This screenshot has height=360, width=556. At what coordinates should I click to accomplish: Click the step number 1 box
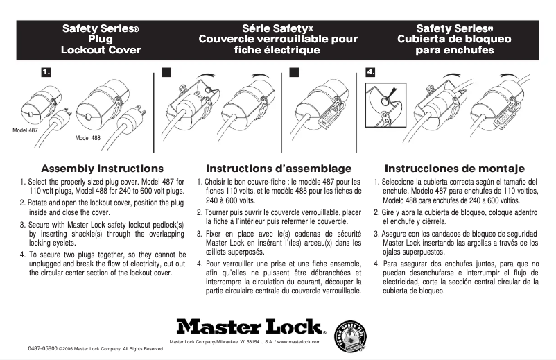[46, 71]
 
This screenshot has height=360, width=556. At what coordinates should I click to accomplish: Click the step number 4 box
[371, 71]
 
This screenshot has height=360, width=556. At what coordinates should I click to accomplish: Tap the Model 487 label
[26, 130]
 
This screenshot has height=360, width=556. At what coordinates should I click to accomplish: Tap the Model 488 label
[87, 138]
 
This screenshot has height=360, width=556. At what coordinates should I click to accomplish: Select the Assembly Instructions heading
[102, 169]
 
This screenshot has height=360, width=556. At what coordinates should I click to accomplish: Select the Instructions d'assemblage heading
[279, 169]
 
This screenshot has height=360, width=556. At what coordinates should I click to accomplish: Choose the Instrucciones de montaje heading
[455, 169]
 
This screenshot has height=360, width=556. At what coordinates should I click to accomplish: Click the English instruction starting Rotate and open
[102, 207]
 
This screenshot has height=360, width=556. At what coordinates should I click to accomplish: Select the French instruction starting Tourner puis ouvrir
[279, 216]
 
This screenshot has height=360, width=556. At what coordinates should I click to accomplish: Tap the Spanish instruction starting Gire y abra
[455, 216]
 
